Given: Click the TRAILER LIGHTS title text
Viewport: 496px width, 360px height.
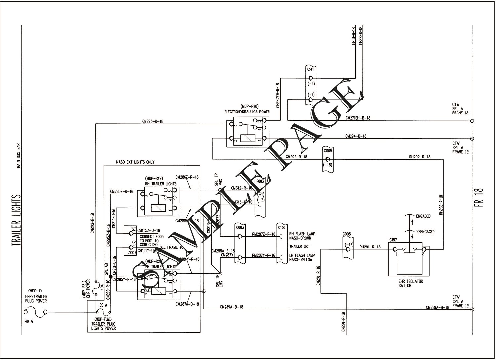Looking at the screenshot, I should point(16,220).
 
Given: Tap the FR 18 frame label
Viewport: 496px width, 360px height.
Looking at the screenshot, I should point(480,198).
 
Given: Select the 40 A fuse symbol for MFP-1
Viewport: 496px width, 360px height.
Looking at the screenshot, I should point(35,312).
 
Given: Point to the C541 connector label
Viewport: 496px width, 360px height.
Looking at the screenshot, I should point(310,69).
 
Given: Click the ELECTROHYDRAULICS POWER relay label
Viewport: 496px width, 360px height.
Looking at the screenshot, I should point(247,112).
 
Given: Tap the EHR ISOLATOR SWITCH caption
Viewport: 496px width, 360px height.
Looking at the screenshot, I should point(411,283).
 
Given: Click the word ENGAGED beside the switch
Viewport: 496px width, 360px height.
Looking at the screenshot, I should point(423,216).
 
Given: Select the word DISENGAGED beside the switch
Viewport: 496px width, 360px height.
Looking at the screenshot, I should point(425,231).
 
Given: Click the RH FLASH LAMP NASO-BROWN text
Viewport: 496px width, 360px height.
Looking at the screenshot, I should point(300,236).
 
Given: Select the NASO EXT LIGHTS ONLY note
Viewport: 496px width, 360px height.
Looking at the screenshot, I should point(135,162).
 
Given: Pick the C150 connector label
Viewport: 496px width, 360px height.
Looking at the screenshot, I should point(282,227).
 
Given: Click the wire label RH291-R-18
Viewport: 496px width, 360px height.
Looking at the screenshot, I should point(370,247).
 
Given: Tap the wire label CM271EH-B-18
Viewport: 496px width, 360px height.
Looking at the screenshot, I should point(358,118).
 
